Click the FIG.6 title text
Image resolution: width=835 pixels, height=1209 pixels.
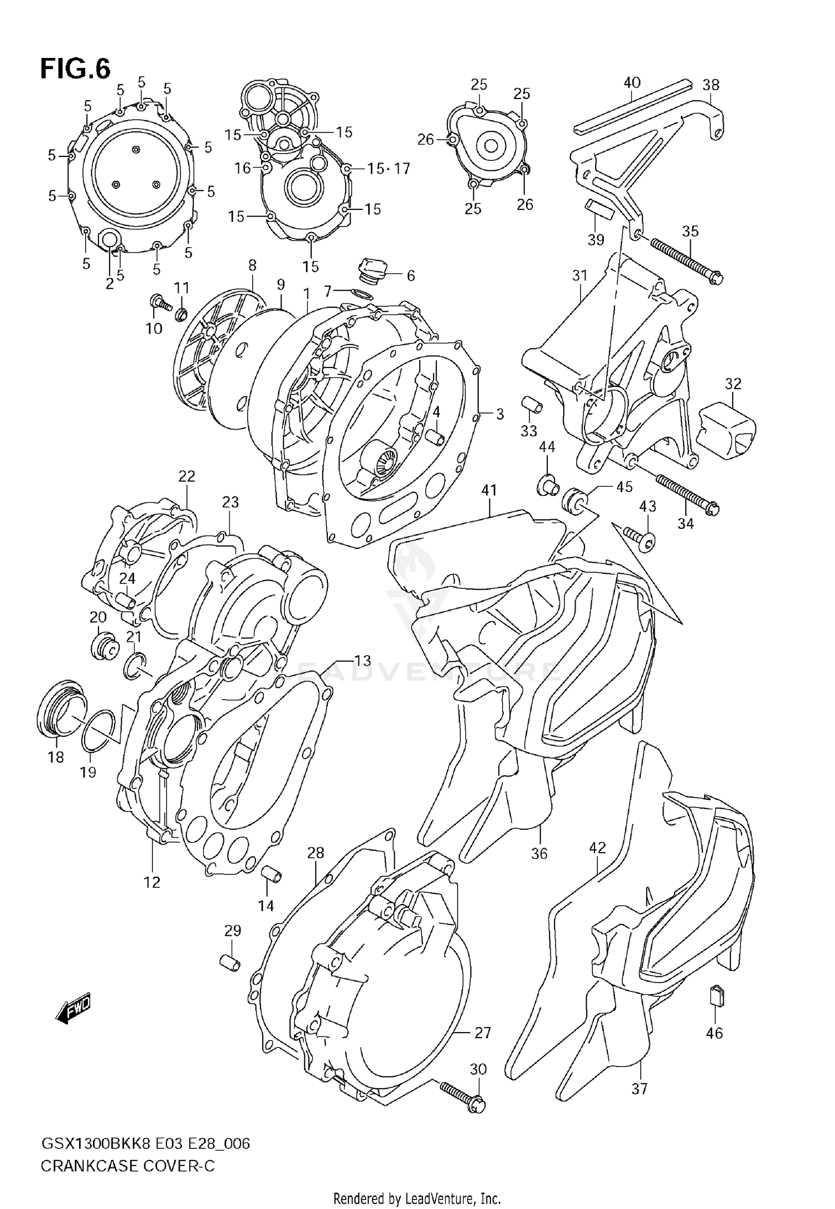[x=75, y=69]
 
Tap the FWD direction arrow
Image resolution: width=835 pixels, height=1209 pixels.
[x=73, y=1008]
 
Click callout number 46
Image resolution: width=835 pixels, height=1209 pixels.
[x=714, y=1033]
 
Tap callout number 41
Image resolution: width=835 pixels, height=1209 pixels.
[x=489, y=490]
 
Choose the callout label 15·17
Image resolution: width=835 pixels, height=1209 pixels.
[x=389, y=168]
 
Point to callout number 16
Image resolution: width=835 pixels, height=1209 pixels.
[x=243, y=168]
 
